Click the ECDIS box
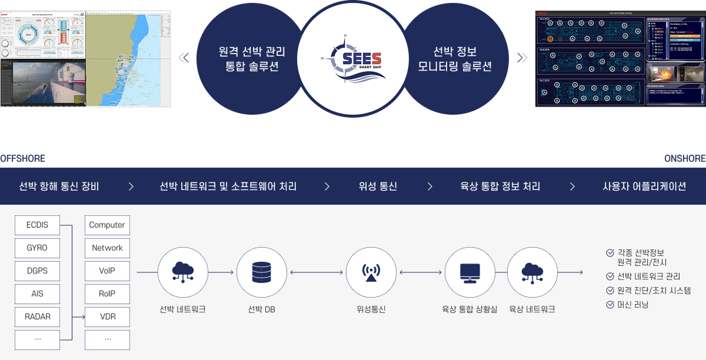[37, 225]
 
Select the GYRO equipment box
[37, 248]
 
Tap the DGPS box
[37, 271]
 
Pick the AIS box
[37, 294]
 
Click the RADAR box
[37, 316]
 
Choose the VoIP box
[107, 271]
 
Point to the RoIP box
[107, 294]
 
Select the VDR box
[107, 316]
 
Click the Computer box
[107, 225]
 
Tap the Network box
[107, 248]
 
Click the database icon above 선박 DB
[261, 272]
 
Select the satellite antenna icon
[371, 272]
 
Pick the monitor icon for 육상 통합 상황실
[469, 272]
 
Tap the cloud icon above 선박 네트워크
[183, 272]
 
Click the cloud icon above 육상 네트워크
[532, 272]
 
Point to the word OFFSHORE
[23, 159]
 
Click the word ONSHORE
[684, 159]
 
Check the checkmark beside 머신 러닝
[610, 305]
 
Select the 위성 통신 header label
[378, 186]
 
